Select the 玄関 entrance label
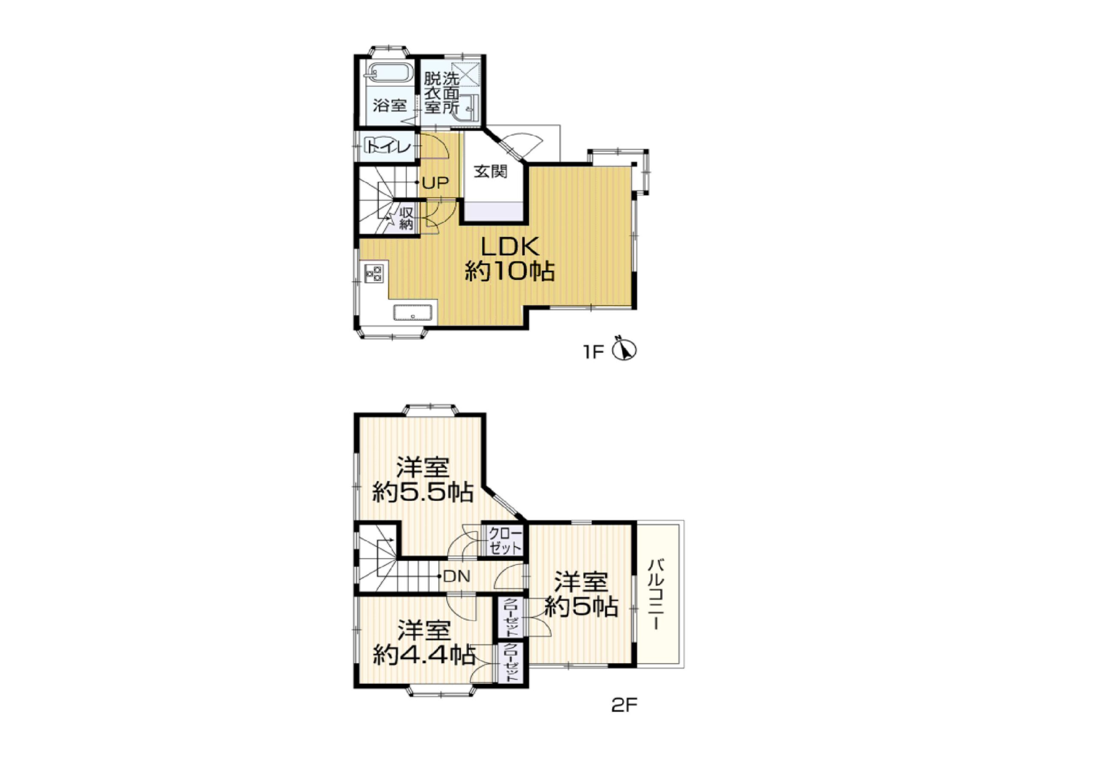click(x=490, y=171)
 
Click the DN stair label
click(x=456, y=576)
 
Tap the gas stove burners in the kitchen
click(x=373, y=273)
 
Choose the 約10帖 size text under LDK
click(x=509, y=272)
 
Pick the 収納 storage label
click(x=406, y=219)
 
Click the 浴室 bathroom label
click(x=390, y=105)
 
